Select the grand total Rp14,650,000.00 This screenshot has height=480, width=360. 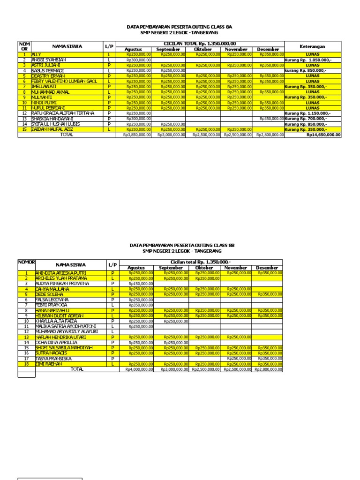[x=324, y=135]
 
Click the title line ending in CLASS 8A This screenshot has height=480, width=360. [x=180, y=27]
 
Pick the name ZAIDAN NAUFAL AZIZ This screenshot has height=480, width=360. [x=52, y=129]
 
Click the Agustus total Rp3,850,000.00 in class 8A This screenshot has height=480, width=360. [x=137, y=135]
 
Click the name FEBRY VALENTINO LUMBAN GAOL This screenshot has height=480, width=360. [x=64, y=81]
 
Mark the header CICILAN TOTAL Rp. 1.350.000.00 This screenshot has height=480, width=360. [x=199, y=44]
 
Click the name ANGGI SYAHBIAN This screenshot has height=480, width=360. [x=48, y=60]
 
